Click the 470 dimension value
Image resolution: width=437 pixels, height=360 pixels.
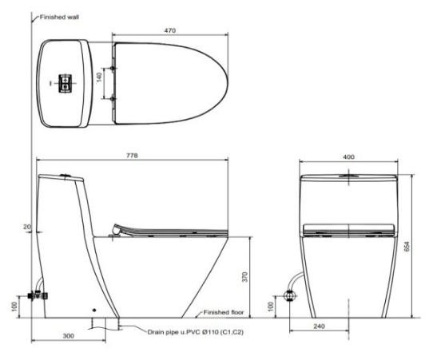[x=169, y=30]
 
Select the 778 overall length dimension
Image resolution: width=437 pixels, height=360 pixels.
[x=132, y=156]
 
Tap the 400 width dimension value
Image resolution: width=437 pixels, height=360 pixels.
[x=348, y=156]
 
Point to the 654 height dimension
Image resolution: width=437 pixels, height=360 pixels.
[x=407, y=247]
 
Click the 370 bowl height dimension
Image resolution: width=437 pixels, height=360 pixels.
[x=244, y=277]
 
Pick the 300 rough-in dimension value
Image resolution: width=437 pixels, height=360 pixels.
[x=68, y=336]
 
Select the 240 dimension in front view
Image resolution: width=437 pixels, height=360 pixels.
[x=319, y=326]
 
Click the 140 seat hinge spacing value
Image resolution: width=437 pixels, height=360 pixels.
[x=99, y=77]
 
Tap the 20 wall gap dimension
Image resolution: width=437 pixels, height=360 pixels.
[x=27, y=227]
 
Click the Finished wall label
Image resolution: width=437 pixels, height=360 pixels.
[x=59, y=17]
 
